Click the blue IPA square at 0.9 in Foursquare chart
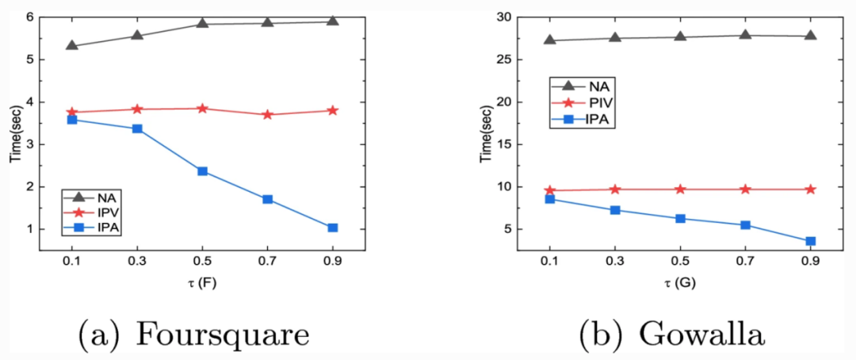point(332,228)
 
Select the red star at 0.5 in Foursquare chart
point(202,109)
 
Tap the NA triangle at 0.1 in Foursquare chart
point(72,45)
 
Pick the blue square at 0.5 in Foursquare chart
point(202,171)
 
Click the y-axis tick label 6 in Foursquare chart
point(29,17)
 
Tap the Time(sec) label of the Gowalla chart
point(486,133)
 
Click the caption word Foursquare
point(224,335)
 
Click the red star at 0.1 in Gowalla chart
point(549,190)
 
